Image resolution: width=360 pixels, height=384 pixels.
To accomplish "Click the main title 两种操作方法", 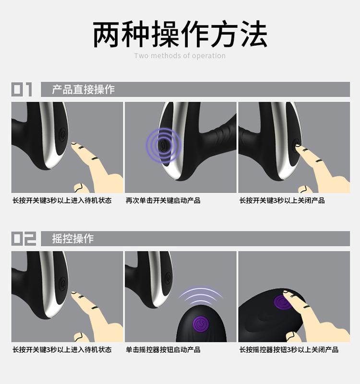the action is tap(180, 34).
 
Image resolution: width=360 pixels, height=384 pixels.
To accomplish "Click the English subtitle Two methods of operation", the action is tap(180, 56).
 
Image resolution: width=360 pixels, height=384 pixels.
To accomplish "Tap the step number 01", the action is tap(22, 89).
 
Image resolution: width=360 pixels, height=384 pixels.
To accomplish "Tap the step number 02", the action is tap(24, 239).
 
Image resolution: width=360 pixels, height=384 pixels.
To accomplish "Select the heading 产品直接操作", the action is tap(83, 89).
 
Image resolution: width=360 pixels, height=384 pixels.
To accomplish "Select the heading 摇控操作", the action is tap(73, 239).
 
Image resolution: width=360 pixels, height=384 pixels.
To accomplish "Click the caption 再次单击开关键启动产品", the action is tap(163, 200).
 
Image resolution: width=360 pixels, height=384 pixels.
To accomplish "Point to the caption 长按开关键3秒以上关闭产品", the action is tap(282, 200).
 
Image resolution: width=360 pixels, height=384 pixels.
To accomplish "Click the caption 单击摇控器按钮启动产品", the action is tap(163, 349).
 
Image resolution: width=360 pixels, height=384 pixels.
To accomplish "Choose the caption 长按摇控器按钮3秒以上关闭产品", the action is tap(289, 349).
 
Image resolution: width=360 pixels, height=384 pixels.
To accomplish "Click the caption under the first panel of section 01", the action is tap(62, 200).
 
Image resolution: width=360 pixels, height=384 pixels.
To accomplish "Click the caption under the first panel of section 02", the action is tap(62, 349).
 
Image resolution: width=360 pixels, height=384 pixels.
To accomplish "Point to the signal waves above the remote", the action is tap(201, 296).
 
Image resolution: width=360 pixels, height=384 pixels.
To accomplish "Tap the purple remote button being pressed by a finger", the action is tap(282, 303).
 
